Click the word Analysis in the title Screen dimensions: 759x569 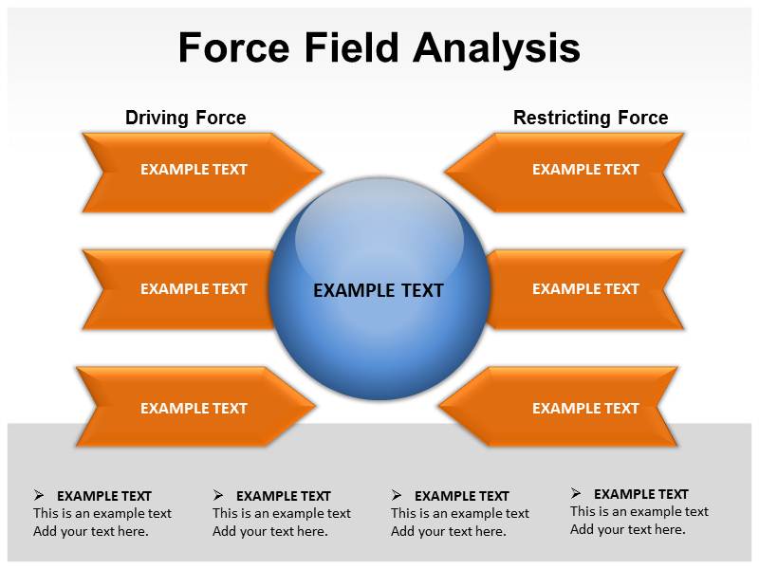[502, 48]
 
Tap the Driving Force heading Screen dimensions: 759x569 [185, 118]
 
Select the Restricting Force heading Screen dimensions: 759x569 [590, 118]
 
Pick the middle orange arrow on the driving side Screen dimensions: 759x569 [180, 289]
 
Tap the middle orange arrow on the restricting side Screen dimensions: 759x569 [583, 289]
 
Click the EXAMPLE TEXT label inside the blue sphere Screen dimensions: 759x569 [378, 291]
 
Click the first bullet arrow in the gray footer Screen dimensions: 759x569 [39, 495]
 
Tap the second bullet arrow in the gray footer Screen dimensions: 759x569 [218, 495]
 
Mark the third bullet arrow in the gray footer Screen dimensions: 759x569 [397, 495]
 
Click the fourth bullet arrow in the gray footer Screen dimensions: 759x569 [576, 493]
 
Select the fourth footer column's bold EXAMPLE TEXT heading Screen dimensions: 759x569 [640, 494]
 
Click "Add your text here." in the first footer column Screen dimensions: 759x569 [91, 531]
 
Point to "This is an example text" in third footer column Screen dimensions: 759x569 [460, 513]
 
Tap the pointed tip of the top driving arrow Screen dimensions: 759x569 [322, 173]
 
